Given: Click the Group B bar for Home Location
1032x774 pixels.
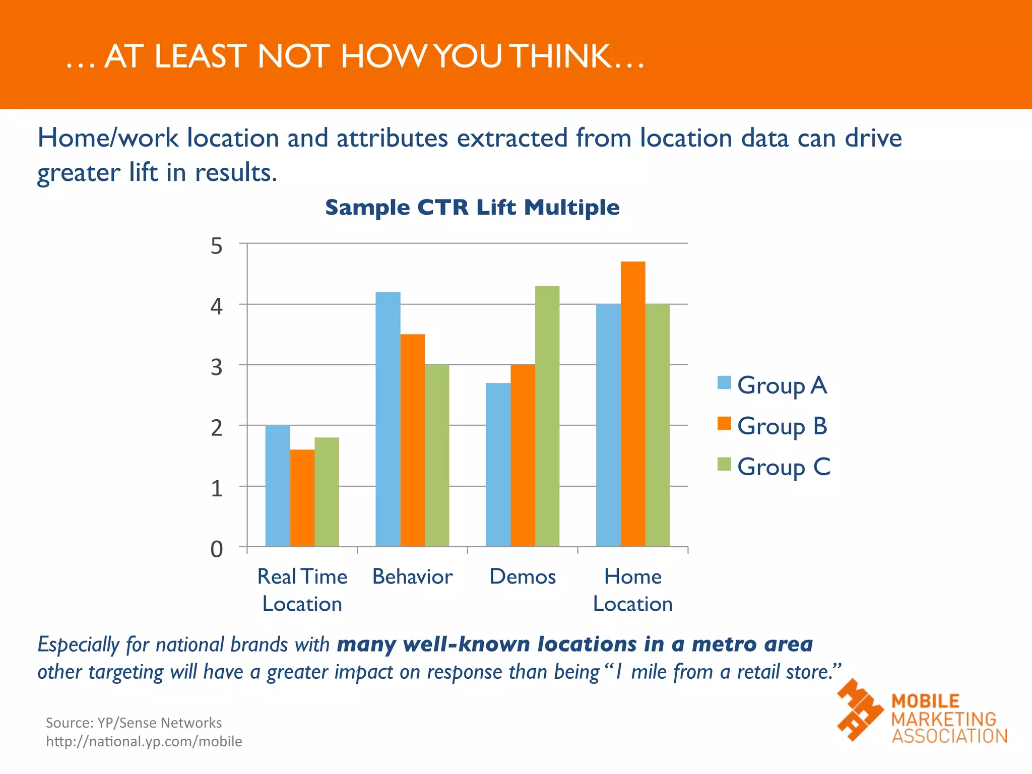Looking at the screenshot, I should pos(633,404).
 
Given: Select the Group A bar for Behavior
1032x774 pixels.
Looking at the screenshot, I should pos(388,419).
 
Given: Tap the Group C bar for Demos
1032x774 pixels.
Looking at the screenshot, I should pos(547,416).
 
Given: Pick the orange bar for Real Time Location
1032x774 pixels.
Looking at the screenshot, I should pos(302,498).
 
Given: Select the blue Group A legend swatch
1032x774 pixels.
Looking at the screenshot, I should pos(724,383).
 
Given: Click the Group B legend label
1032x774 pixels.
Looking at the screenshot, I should pos(782,426).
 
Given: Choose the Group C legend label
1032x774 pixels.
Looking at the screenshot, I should pos(784,467).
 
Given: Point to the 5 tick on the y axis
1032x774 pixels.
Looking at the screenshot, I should pos(216,246).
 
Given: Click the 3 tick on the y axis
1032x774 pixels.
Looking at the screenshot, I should pos(216,367).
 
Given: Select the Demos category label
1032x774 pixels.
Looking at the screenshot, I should pos(523,577).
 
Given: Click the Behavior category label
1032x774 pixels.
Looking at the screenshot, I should pos(412,577).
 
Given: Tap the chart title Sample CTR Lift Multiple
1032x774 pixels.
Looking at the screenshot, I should pos(472,208).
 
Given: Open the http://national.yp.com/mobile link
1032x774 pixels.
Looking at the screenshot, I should pos(144,742).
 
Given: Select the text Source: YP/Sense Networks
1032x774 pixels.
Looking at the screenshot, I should pos(134,723).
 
